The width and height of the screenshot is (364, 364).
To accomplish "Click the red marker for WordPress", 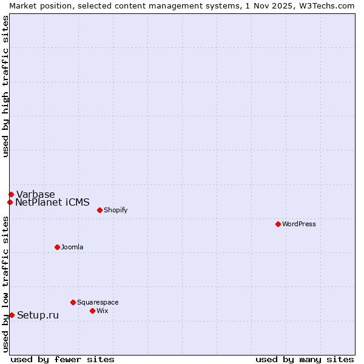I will [278, 224].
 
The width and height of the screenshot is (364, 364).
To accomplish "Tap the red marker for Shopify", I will [99, 210].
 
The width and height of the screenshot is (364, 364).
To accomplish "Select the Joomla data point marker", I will [57, 247].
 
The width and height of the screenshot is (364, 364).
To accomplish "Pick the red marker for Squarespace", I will [73, 302].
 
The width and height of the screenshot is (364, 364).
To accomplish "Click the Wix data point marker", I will [92, 311].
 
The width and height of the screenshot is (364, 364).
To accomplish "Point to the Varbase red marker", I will [11, 194].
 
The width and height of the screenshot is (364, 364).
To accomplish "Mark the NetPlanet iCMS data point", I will [10, 202].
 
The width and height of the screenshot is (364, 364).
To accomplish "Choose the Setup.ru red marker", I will [12, 315].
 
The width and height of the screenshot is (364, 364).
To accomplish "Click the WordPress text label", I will [299, 224].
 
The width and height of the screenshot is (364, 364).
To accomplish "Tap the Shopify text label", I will [116, 210].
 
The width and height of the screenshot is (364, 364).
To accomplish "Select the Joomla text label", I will [72, 247].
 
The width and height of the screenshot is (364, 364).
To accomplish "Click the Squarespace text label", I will [98, 302].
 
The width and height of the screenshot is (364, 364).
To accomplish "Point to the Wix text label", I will [103, 311].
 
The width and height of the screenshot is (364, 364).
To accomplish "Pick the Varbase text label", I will [35, 194].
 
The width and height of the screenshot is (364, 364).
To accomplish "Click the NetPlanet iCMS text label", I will [52, 202].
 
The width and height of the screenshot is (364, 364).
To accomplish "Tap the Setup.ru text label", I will [38, 315].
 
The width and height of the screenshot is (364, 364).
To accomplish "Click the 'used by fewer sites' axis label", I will [62, 359].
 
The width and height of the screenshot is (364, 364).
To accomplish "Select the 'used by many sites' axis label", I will [305, 359].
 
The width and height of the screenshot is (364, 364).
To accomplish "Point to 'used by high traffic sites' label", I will [5, 86].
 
